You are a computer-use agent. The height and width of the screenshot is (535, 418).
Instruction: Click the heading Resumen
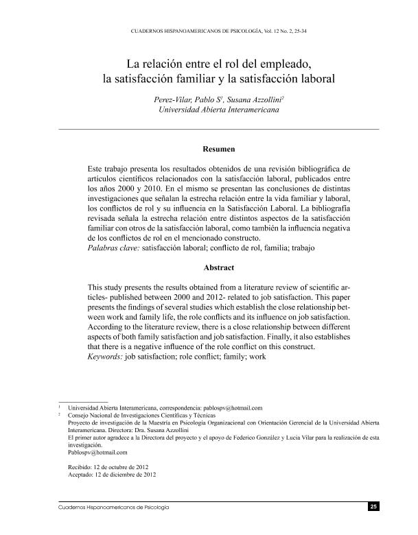(x=219, y=148)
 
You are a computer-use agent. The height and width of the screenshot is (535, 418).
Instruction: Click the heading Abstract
(x=218, y=267)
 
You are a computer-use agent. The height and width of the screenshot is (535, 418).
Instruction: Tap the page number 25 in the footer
(x=373, y=507)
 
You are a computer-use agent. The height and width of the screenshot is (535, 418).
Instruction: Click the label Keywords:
(x=106, y=357)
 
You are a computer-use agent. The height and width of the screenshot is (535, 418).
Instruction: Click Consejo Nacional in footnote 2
(x=91, y=415)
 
